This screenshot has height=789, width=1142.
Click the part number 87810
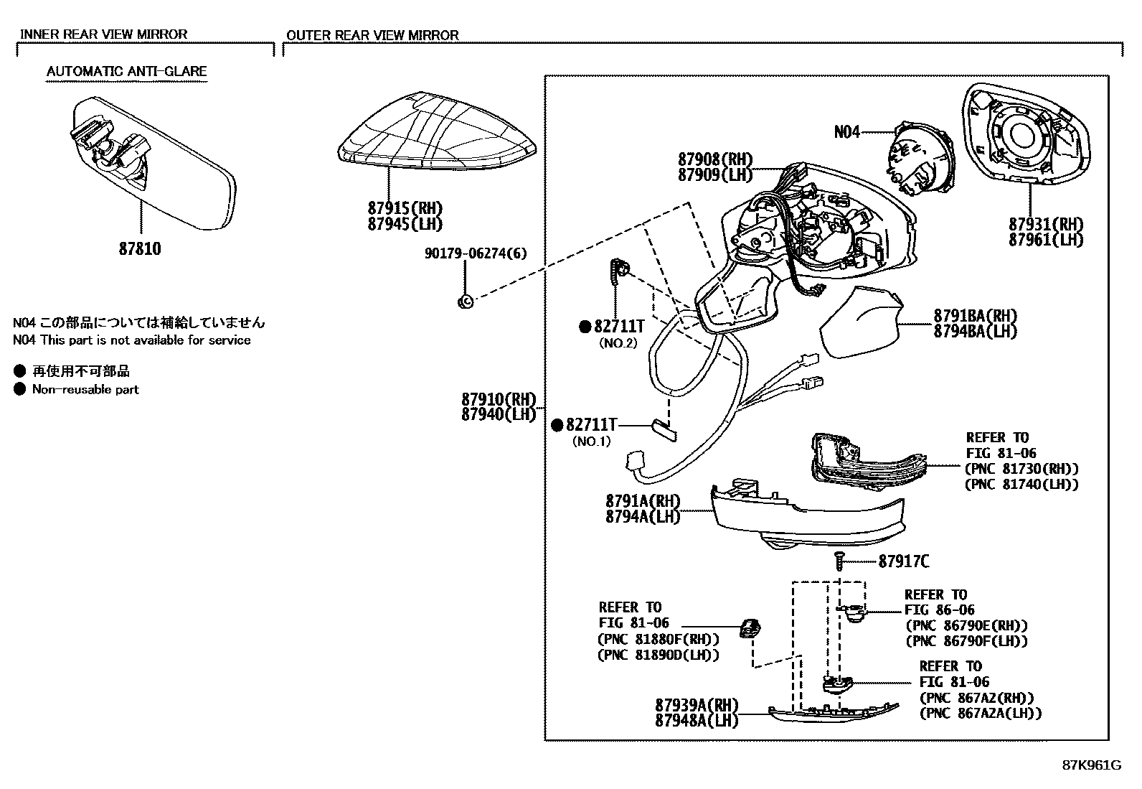coord(140,249)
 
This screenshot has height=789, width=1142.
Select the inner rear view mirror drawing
coord(154,165)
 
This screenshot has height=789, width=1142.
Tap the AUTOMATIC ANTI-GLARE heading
coord(126,71)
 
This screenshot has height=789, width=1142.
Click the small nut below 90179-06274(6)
coord(465,302)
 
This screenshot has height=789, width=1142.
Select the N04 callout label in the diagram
coord(847,132)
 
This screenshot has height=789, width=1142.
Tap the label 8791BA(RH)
coord(975,316)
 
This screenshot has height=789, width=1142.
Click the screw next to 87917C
coord(839,560)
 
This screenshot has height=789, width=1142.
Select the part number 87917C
coord(903,561)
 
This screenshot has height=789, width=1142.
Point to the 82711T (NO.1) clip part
coord(663,429)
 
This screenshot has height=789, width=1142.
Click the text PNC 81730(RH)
coord(1021,469)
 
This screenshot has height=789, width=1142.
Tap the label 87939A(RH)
coord(696,705)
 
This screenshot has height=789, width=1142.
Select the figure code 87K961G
coord(1091,765)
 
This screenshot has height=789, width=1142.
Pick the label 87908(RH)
coord(714,159)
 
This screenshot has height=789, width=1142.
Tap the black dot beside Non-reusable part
coord(19,390)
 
